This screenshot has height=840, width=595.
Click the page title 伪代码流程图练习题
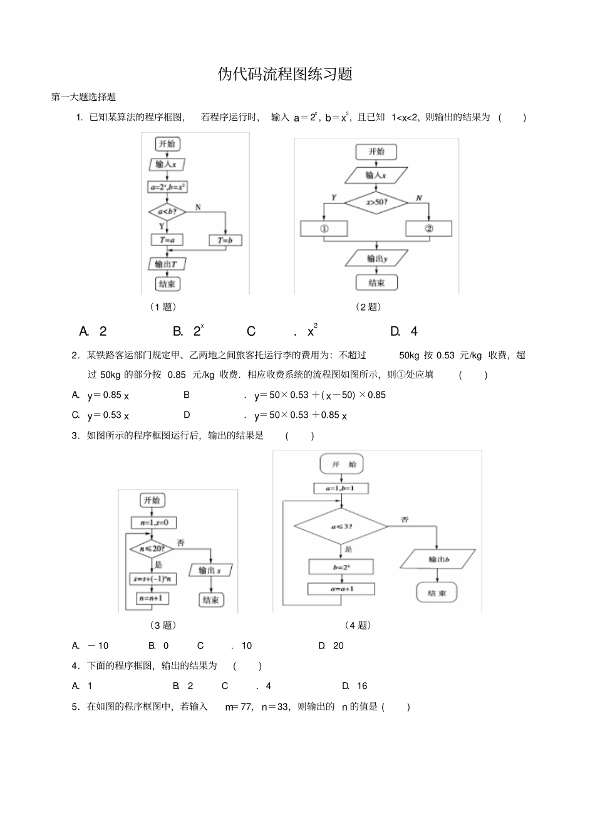285,74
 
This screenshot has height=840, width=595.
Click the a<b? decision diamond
167,212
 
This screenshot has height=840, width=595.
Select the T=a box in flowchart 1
167,240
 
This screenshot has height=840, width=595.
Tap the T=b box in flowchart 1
225,240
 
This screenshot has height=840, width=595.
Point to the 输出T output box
166,264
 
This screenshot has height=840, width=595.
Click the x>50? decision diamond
376,202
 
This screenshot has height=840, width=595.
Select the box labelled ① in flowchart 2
324,229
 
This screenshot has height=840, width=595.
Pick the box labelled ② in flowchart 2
429,229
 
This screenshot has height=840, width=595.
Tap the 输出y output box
376,258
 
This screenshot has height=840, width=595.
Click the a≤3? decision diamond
341,527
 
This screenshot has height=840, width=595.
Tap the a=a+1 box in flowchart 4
341,589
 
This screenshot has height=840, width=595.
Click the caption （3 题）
163,625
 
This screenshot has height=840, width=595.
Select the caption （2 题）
368,306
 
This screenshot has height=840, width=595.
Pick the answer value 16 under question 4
362,686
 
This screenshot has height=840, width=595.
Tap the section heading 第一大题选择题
83,97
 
